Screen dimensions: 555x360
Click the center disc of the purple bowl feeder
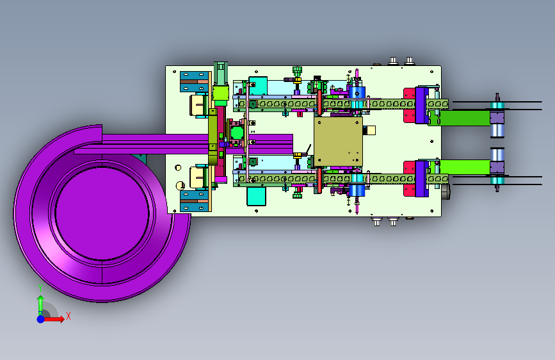[102, 213]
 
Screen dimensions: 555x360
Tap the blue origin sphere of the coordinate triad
[41, 319]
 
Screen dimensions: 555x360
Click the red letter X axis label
[68, 316]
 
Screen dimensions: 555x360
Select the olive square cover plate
[338, 142]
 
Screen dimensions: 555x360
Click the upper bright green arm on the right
[459, 118]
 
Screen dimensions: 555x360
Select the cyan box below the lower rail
[256, 196]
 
